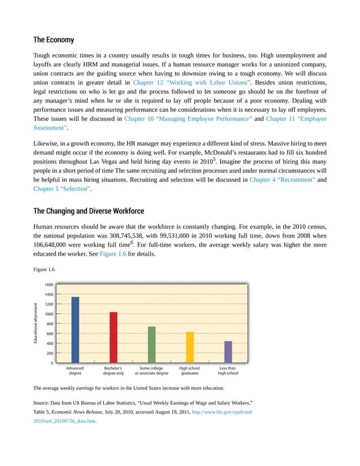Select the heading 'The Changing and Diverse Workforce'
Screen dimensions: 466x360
(89, 211)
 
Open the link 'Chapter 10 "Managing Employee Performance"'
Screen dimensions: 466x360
(188, 119)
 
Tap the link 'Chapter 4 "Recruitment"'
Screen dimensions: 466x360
(282, 179)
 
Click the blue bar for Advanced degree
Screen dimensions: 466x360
(75, 329)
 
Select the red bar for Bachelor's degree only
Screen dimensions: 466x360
(113, 337)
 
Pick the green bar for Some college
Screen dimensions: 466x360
(151, 344)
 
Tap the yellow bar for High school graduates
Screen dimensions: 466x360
(190, 347)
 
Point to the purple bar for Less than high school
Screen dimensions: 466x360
(228, 351)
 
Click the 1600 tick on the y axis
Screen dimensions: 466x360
(49, 285)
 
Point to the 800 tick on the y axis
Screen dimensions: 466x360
(50, 324)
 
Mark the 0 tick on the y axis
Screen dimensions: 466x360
(52, 363)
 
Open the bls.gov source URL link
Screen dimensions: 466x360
(222, 412)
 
